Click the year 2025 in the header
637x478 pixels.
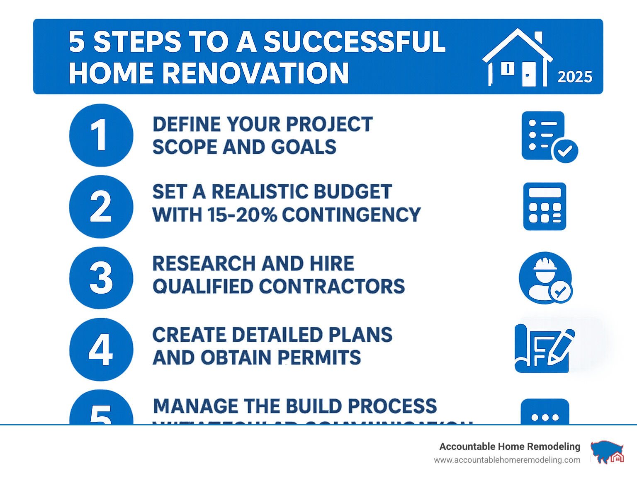(x=574, y=77)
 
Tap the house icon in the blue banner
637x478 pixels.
(x=518, y=58)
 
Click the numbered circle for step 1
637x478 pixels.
(x=101, y=135)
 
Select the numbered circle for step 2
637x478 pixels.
(x=101, y=207)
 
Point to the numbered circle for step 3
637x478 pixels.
(x=101, y=278)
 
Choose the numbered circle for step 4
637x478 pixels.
(x=101, y=350)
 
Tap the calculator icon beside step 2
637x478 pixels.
(x=545, y=206)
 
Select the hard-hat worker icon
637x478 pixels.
(x=545, y=278)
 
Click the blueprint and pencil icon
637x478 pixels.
(x=544, y=348)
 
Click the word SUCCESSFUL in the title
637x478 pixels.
(x=354, y=42)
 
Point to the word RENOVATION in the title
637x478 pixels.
(x=255, y=73)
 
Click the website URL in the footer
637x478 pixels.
(x=507, y=460)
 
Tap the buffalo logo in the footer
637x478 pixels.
(x=607, y=452)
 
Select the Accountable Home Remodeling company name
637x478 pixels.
(x=509, y=447)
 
